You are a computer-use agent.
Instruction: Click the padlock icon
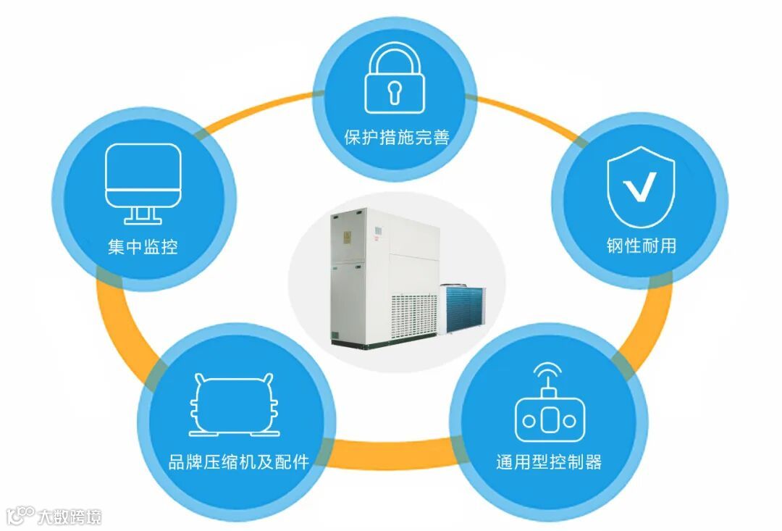tap(395, 78)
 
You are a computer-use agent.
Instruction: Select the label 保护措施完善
tap(396, 138)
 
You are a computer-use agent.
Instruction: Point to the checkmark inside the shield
tap(641, 186)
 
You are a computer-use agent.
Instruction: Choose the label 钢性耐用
tap(641, 246)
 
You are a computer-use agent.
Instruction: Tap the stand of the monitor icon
tap(143, 214)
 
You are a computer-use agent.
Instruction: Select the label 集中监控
tap(143, 247)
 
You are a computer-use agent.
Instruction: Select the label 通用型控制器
tap(549, 462)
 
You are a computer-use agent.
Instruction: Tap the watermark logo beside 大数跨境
tap(20, 515)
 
